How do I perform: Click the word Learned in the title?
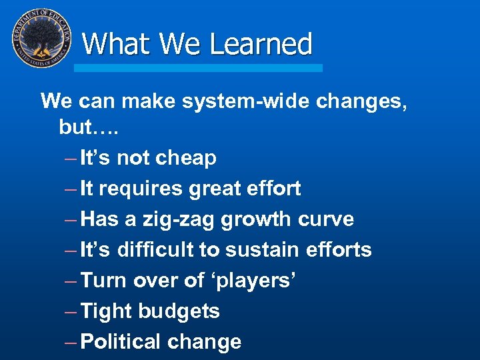[x=261, y=44]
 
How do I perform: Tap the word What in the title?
[x=118, y=44]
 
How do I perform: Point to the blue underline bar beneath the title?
[x=198, y=68]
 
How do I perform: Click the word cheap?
[x=186, y=158]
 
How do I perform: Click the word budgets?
[x=179, y=311]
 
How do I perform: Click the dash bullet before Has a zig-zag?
[x=70, y=219]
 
